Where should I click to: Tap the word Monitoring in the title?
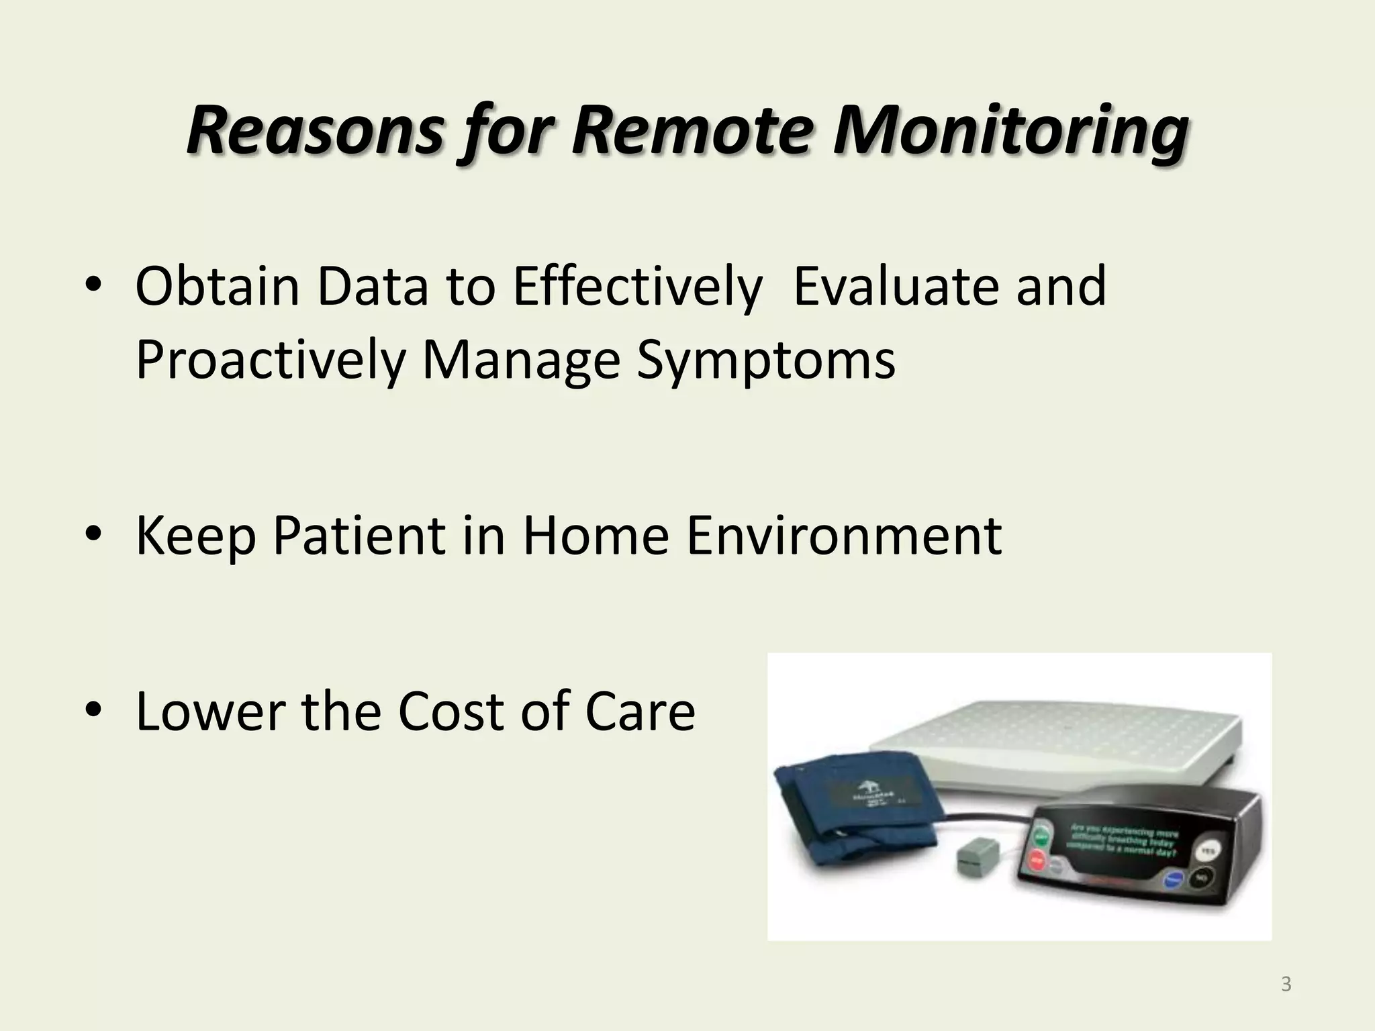click(1010, 131)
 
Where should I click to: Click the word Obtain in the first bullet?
click(217, 287)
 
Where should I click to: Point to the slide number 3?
click(1286, 985)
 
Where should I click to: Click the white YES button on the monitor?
click(1207, 852)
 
